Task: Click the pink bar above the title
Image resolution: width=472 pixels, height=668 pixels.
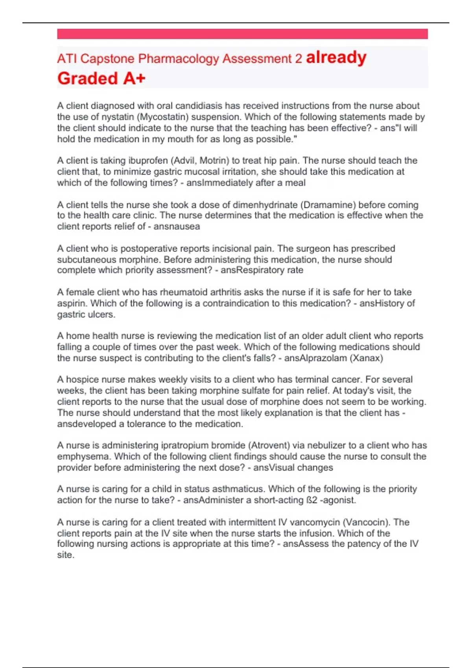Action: pos(242,34)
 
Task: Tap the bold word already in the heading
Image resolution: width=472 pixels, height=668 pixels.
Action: pos(336,58)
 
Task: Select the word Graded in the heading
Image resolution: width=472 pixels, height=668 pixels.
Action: pos(88,78)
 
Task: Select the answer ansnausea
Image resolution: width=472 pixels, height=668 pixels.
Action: pos(177,227)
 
